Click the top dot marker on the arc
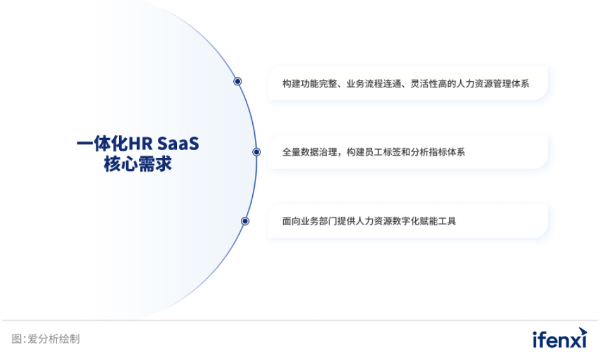click(x=238, y=81)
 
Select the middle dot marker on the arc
click(x=257, y=152)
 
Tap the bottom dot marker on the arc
click(x=245, y=221)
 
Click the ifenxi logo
click(x=560, y=339)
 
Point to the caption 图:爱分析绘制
click(x=46, y=339)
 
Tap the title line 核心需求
click(x=138, y=165)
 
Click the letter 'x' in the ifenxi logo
click(x=576, y=340)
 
